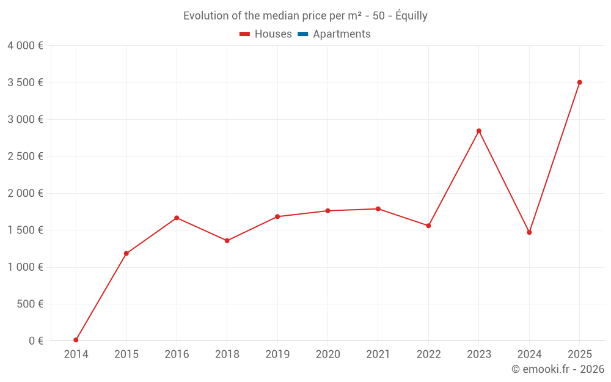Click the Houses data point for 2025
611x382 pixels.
[x=579, y=83]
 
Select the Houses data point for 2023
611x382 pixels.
[x=478, y=131]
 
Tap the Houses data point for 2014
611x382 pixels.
[x=76, y=340]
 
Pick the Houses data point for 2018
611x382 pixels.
[x=227, y=241]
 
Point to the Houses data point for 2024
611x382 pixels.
[x=529, y=232]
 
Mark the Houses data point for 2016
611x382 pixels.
[x=177, y=218]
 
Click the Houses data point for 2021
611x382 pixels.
[x=378, y=209]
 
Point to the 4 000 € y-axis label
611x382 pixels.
[x=25, y=45]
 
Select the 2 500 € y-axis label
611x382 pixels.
[x=25, y=156]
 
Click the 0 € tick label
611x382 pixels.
[x=36, y=340]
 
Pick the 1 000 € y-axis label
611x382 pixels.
[x=25, y=267]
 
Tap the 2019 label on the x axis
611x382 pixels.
[x=277, y=354]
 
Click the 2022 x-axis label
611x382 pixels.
[x=428, y=354]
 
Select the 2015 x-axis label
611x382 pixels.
[x=126, y=354]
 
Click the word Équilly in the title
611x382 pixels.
[x=411, y=16]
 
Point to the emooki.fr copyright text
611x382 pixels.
[x=557, y=369]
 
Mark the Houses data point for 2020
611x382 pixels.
[x=327, y=211]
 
